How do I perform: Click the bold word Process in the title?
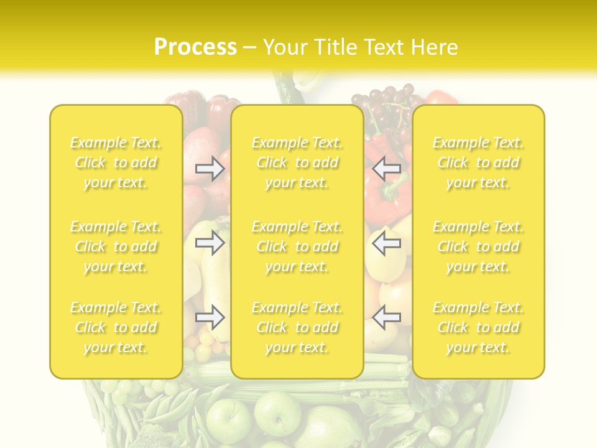point(195,47)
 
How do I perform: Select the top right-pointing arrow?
point(210,168)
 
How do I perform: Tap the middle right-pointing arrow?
point(210,243)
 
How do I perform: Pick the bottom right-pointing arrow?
point(210,318)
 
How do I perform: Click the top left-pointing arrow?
point(386,168)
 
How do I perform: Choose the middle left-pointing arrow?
point(386,243)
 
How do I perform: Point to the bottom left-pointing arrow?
point(386,318)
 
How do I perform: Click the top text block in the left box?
point(116,162)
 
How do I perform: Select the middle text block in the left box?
point(116,246)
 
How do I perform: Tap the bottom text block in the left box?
point(116,327)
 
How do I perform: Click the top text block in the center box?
point(297,162)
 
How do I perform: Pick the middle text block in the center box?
point(297,246)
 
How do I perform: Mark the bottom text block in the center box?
point(297,327)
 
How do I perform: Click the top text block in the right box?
point(478,162)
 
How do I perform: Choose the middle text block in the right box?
point(478,246)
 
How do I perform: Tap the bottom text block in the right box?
point(478,327)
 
